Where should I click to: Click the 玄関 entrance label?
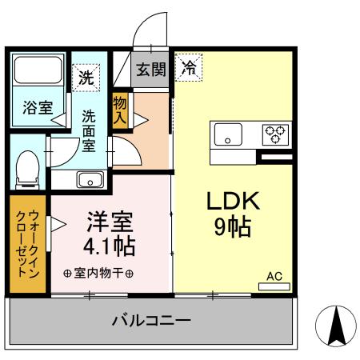150,70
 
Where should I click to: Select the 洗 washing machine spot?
86,78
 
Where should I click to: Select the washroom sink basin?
88,178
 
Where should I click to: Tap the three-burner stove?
276,134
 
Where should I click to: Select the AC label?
274,277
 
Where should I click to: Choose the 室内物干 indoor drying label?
98,273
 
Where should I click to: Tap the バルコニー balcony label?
150,322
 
